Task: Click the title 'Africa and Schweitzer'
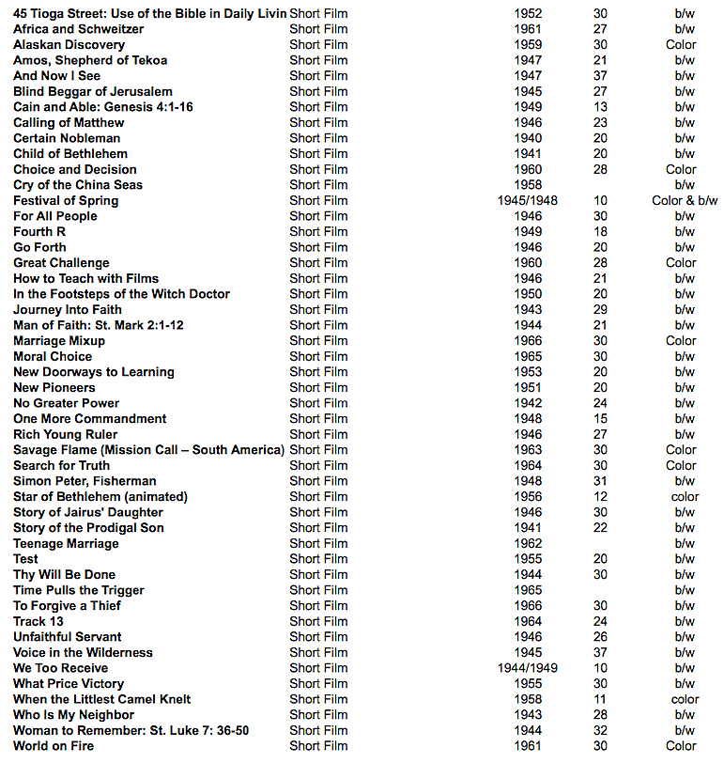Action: click(x=78, y=29)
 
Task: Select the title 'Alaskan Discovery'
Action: click(x=69, y=45)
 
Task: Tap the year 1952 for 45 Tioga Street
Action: click(x=528, y=14)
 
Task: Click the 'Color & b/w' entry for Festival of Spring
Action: click(x=685, y=200)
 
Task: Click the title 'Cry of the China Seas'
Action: click(x=78, y=185)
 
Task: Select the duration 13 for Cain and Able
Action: click(x=600, y=107)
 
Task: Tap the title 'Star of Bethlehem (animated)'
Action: click(x=100, y=496)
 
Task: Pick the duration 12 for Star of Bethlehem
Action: click(x=600, y=496)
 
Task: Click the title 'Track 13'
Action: click(x=39, y=621)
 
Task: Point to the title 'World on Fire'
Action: click(x=54, y=746)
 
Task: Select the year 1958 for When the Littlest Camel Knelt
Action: click(x=528, y=699)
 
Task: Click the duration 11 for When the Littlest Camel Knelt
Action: click(x=600, y=699)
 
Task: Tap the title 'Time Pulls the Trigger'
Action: click(x=79, y=590)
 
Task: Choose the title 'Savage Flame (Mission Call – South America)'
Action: click(x=148, y=450)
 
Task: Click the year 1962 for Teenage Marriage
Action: click(x=528, y=543)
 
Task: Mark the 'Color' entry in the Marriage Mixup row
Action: click(x=681, y=341)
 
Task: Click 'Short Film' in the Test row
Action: click(x=318, y=559)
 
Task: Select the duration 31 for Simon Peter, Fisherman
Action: click(x=600, y=481)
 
